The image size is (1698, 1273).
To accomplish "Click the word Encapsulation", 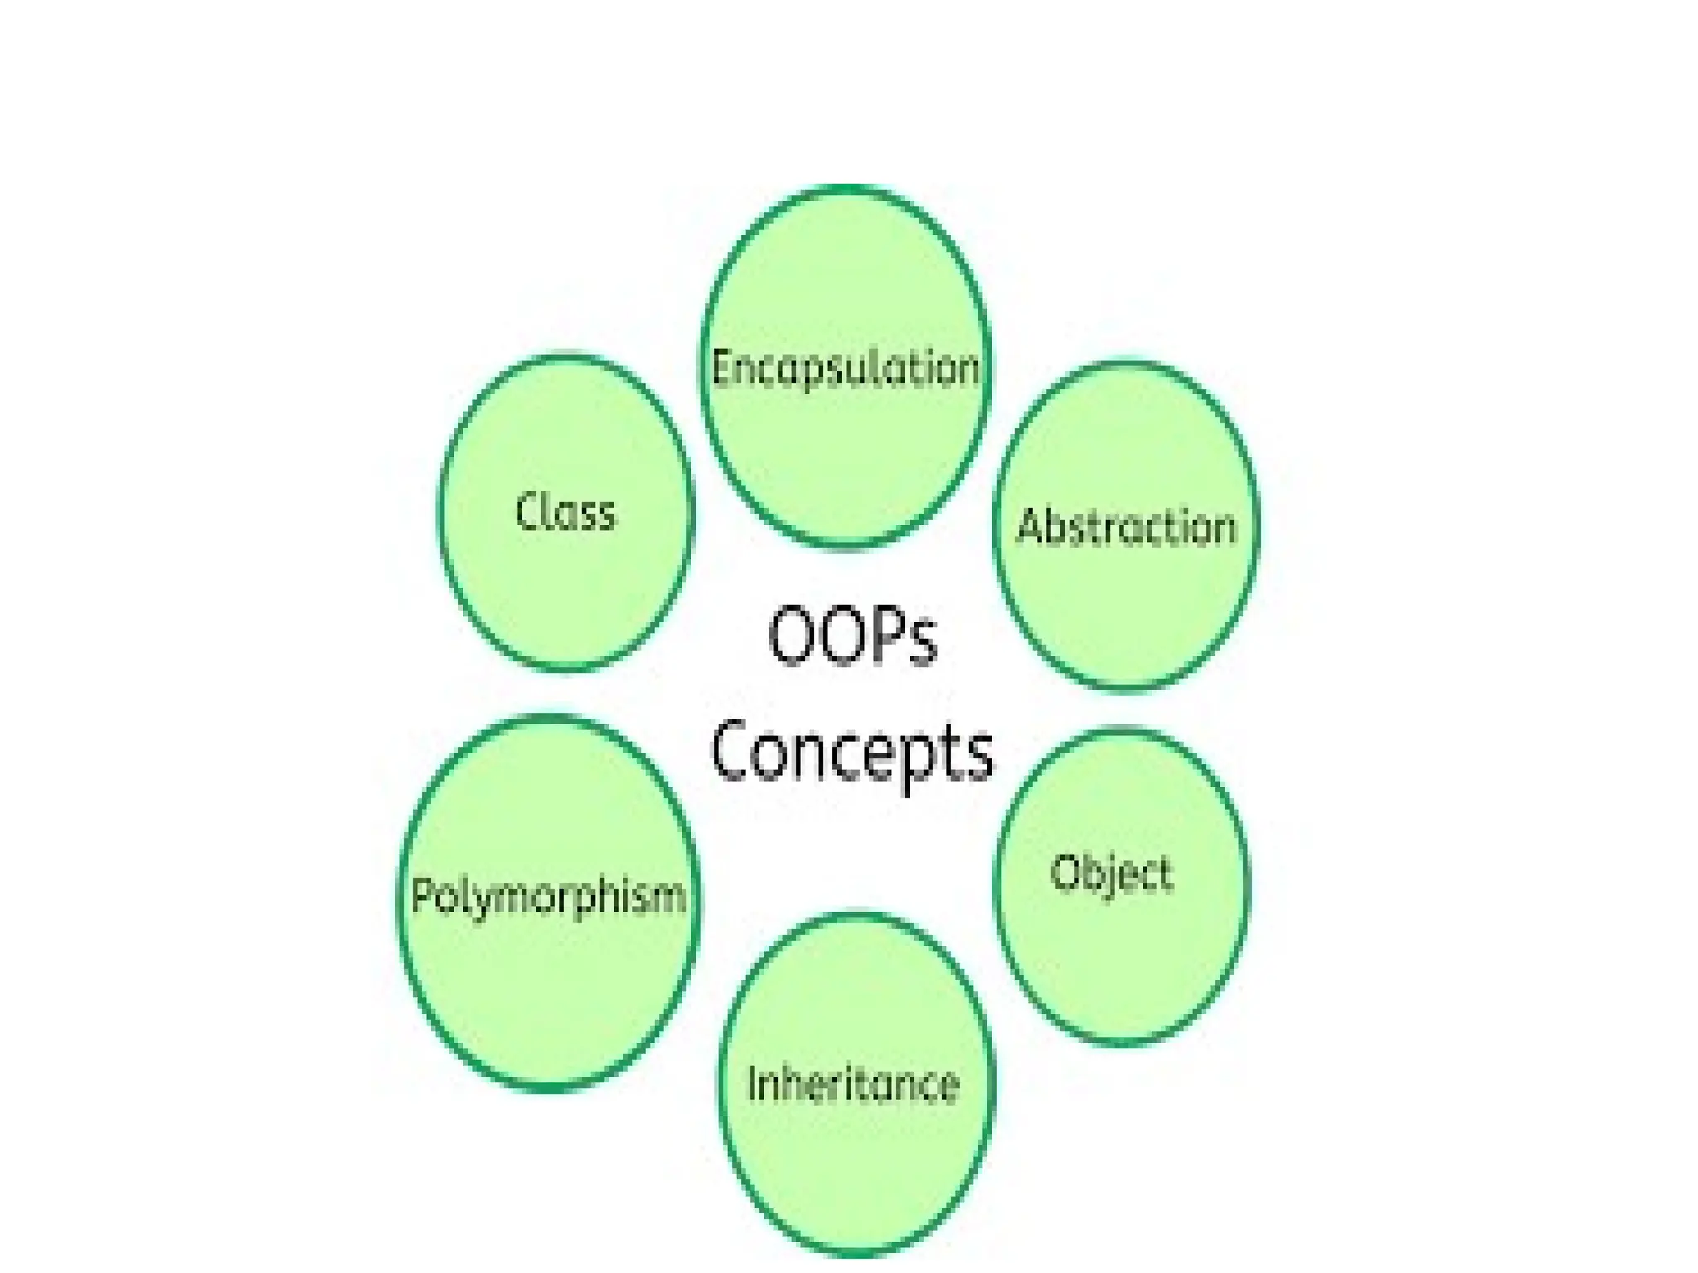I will (x=846, y=369).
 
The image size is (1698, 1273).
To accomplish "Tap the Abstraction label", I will (x=1126, y=527).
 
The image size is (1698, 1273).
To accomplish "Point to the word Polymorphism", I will (x=549, y=896).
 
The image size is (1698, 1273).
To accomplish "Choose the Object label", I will (x=1112, y=874).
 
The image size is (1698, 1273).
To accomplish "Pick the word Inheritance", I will (x=853, y=1083).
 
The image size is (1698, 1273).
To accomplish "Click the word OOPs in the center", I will (x=852, y=636).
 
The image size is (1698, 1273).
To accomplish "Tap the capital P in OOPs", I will (x=887, y=636).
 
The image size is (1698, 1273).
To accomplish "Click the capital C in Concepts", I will (x=732, y=751).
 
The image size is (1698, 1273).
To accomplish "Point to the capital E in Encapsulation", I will (x=721, y=369).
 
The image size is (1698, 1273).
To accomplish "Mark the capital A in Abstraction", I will (x=1031, y=527).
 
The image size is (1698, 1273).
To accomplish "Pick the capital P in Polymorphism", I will (x=423, y=895).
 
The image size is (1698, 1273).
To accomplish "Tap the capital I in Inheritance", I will (x=753, y=1083).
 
